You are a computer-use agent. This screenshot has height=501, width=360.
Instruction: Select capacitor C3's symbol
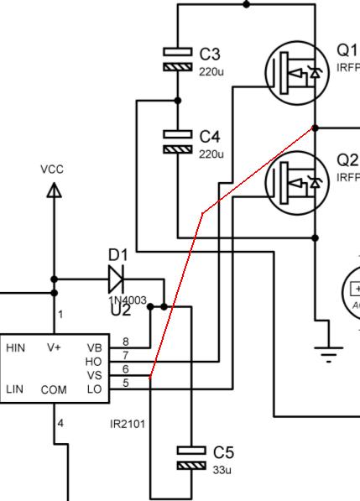tap(177, 59)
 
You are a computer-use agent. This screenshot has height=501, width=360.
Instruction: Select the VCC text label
tap(52, 170)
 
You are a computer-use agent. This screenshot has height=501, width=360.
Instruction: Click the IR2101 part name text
tap(128, 424)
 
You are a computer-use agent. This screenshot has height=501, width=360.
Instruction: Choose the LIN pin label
tap(14, 389)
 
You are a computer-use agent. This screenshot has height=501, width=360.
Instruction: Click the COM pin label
tap(54, 389)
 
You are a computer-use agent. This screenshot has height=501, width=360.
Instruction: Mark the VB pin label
tap(94, 347)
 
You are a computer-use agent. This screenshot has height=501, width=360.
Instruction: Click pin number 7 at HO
tap(125, 355)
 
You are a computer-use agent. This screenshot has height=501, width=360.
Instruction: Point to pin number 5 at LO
tap(125, 384)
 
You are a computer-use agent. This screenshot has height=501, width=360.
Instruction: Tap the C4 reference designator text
tap(211, 136)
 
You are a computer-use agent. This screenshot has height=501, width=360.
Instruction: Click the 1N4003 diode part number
tap(127, 300)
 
